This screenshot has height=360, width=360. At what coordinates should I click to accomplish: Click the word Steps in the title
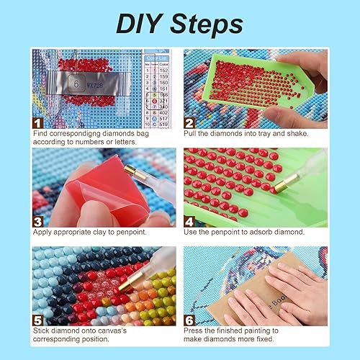point(206,24)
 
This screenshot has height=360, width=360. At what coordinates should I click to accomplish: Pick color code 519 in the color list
point(165,124)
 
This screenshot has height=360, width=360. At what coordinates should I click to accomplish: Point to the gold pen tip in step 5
point(127,286)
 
